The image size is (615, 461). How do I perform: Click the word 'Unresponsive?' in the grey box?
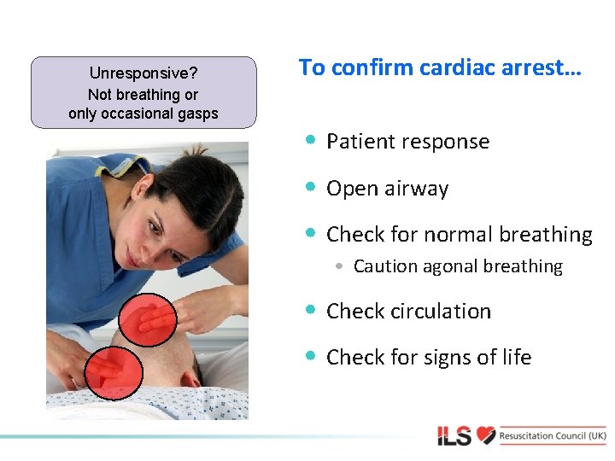click(x=143, y=74)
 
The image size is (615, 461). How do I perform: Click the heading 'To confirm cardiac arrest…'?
click(x=440, y=68)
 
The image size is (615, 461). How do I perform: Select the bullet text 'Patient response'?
click(x=407, y=142)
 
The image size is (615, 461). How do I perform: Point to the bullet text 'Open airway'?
click(x=387, y=189)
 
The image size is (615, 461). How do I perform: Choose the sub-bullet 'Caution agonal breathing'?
click(x=458, y=266)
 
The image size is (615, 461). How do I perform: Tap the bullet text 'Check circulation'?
click(x=408, y=312)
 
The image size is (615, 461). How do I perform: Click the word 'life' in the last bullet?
click(x=516, y=358)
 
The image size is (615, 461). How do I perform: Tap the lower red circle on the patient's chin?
click(x=114, y=372)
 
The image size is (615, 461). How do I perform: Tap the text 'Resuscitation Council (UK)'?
click(x=553, y=435)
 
